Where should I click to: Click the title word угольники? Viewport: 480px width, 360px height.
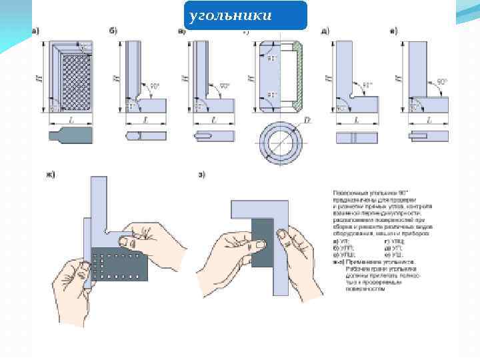(230, 15)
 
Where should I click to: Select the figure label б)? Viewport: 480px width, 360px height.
(113, 31)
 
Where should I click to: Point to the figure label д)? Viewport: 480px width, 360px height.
(325, 31)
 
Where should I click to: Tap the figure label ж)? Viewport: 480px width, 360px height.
(50, 175)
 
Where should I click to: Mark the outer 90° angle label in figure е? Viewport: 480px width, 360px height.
(441, 81)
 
